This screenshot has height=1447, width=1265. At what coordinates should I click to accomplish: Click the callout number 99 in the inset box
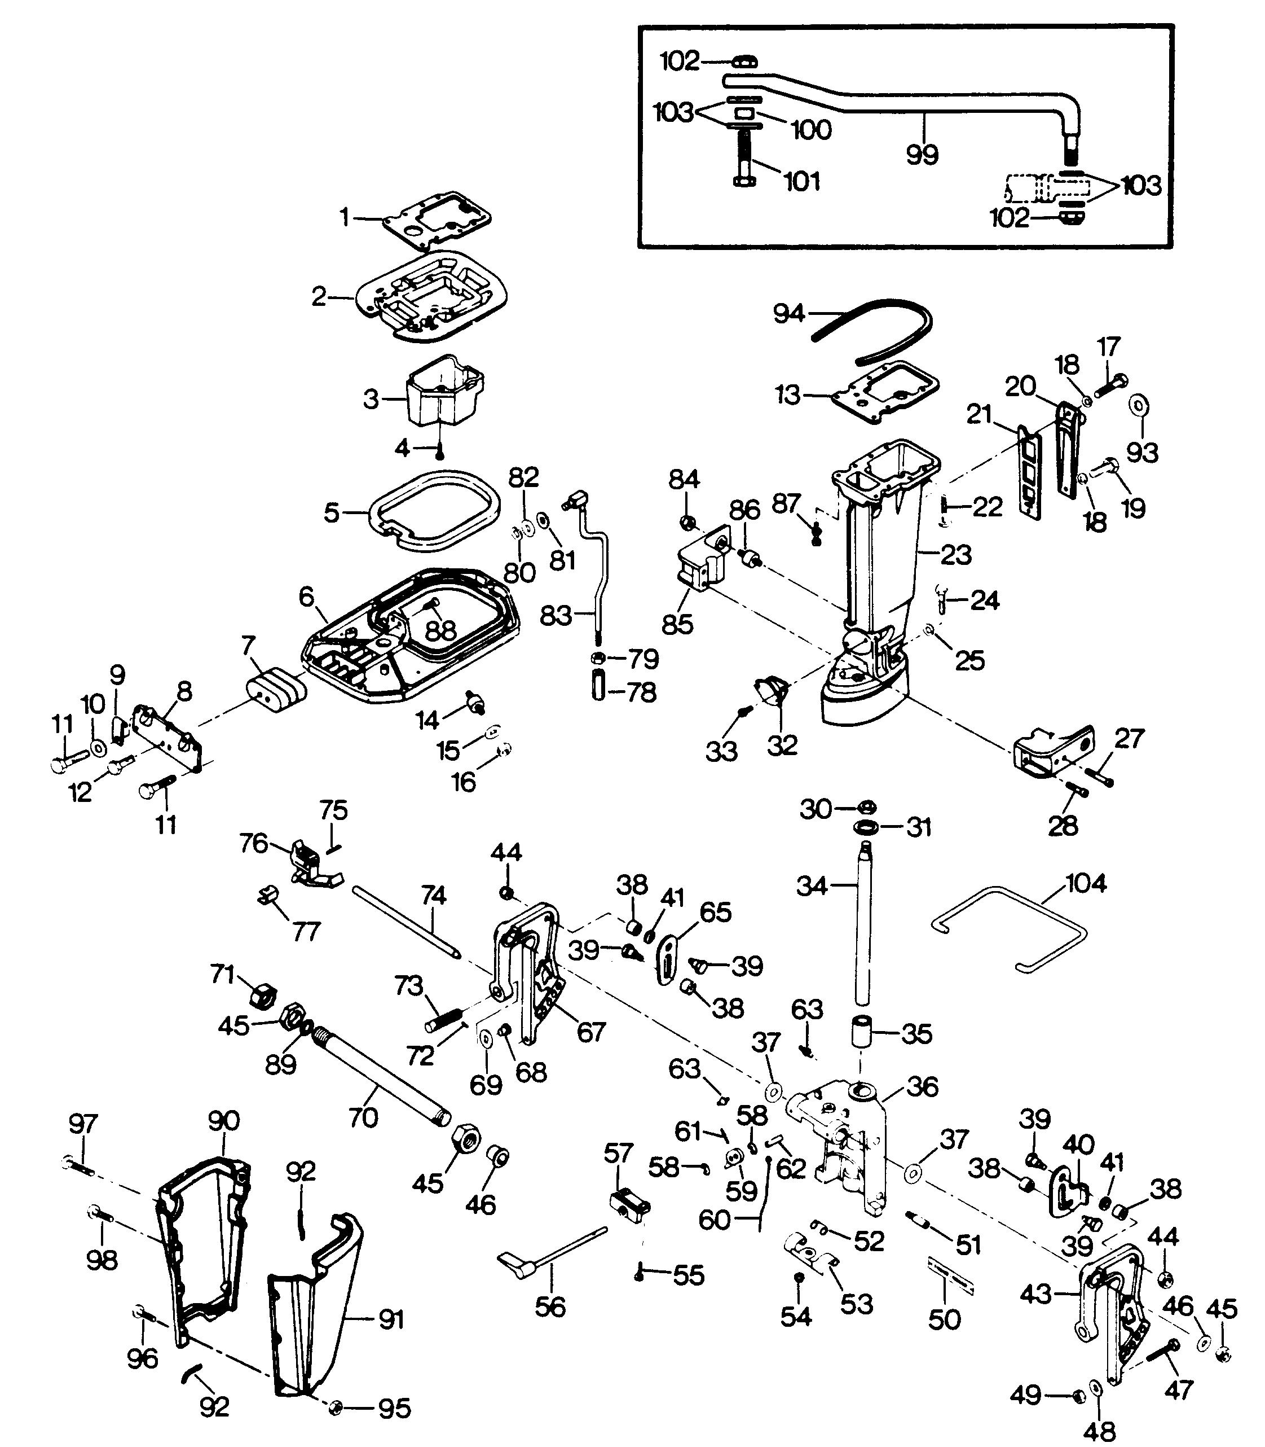point(922,154)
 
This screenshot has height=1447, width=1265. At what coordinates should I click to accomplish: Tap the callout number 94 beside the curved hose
point(788,313)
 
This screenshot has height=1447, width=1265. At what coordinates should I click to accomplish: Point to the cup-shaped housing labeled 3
point(440,393)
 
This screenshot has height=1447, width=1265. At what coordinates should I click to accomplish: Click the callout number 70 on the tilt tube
point(363,1117)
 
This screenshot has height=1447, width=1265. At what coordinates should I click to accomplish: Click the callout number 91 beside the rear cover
point(391,1318)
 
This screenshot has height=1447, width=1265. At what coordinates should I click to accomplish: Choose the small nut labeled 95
point(336,1408)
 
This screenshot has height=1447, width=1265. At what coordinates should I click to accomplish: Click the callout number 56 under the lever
point(550,1306)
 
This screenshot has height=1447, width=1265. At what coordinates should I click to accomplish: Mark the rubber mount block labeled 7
point(276,688)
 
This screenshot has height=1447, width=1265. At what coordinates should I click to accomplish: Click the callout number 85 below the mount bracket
point(678,624)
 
